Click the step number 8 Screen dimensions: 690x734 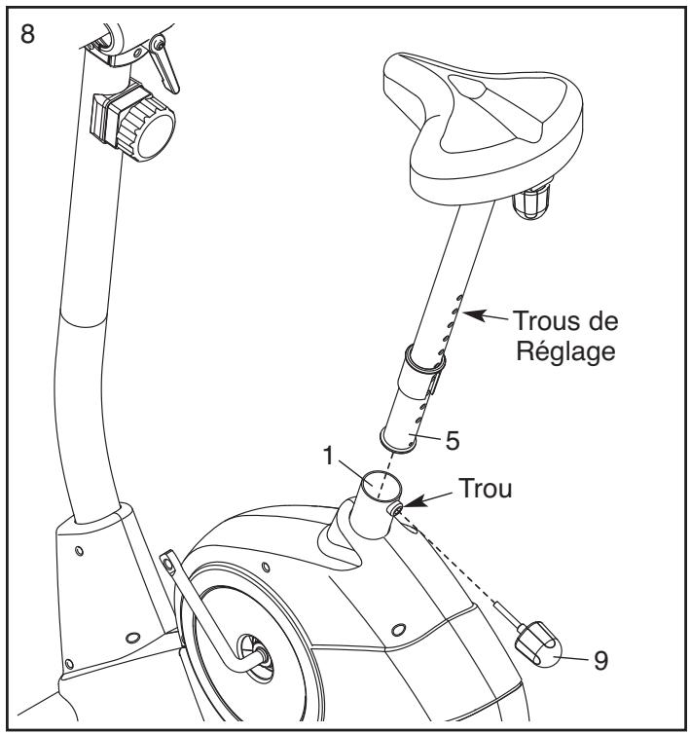click(27, 34)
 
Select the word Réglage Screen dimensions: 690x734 click(565, 352)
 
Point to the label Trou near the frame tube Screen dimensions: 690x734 click(485, 488)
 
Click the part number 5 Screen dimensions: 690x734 click(453, 440)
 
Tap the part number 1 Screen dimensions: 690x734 click(330, 456)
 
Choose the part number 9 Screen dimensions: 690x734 click(600, 661)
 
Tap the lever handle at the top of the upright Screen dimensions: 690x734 click(163, 65)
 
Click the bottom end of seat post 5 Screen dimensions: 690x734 click(397, 442)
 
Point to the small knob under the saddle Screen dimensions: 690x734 click(531, 202)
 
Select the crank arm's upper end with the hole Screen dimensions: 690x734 click(167, 562)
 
